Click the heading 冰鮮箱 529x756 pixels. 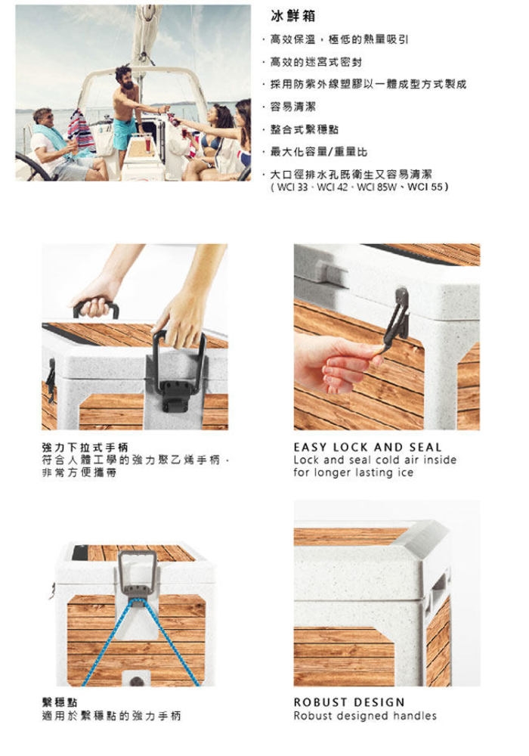coord(293,17)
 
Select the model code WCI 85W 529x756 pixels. coord(376,186)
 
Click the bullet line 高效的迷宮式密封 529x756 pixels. coord(316,62)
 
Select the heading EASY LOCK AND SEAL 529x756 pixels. coord(367,447)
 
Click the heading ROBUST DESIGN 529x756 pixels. coord(349,702)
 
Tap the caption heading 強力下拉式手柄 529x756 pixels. coord(85,447)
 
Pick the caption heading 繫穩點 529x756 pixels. coord(60,702)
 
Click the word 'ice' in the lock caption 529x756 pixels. coord(405,472)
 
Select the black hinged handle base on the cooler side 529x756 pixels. coord(178,395)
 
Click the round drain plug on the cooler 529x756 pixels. coord(137,681)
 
